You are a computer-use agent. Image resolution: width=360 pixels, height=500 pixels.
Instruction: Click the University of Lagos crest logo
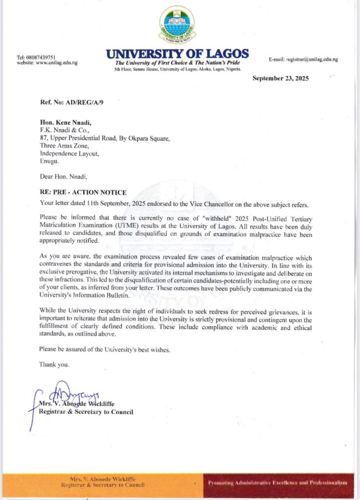[x=177, y=24]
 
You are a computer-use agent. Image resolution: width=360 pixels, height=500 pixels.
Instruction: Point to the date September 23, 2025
[x=280, y=79]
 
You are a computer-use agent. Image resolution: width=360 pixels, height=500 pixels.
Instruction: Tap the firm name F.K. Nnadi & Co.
[x=62, y=131]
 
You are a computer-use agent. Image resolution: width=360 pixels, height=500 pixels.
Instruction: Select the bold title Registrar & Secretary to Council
[x=86, y=412]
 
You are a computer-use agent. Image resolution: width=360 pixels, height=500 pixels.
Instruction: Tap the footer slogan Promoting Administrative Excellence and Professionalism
[x=277, y=482]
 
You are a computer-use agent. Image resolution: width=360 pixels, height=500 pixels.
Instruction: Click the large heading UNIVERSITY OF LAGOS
[x=178, y=54]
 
